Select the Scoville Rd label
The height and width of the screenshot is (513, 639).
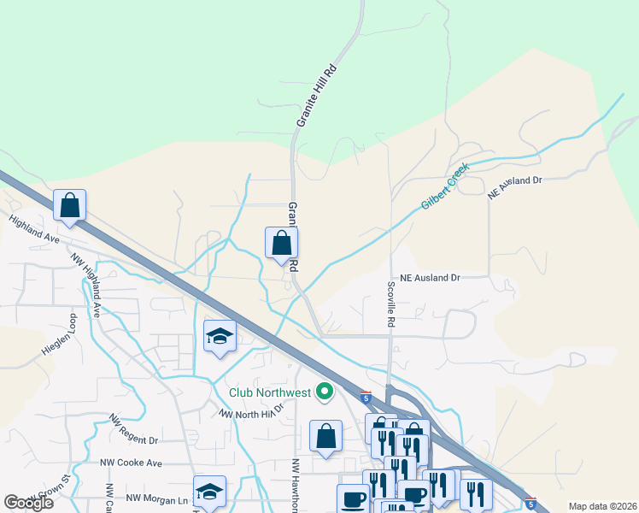tap(391, 304)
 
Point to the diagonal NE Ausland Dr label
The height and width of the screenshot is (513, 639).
tap(515, 185)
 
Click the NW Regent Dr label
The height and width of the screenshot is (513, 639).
tap(133, 430)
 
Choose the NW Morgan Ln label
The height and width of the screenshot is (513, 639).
tap(157, 498)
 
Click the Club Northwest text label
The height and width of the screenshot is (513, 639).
tap(269, 393)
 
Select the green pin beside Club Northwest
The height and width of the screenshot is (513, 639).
tap(325, 392)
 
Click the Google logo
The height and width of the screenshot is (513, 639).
tap(28, 502)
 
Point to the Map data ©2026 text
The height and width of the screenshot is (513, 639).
tap(602, 506)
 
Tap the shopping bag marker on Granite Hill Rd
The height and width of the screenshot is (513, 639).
tap(281, 244)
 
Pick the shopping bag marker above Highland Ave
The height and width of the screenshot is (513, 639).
tap(70, 206)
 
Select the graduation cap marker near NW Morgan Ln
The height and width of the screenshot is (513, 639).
tap(209, 492)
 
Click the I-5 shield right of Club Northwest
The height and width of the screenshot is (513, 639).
tap(366, 398)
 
